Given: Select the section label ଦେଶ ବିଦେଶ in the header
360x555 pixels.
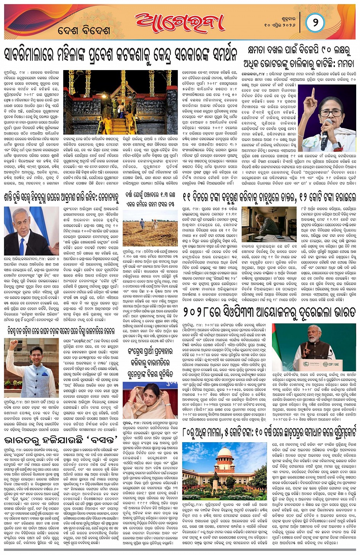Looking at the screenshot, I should pyautogui.click(x=84, y=30).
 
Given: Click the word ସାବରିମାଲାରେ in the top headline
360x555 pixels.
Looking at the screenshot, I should pyautogui.click(x=29, y=56).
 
